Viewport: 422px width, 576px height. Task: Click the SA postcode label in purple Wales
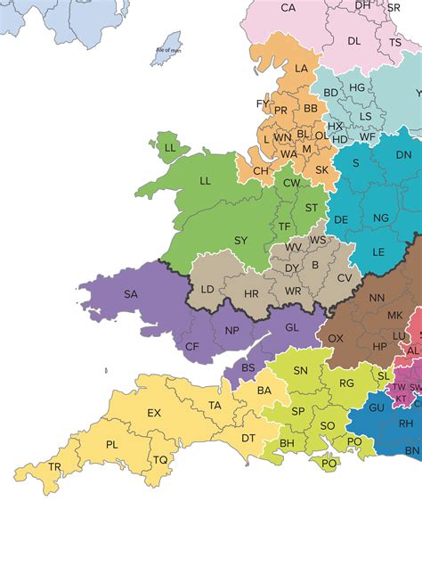[131, 293]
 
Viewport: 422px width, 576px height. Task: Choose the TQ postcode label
[159, 459]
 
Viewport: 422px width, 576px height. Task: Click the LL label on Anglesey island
[170, 147]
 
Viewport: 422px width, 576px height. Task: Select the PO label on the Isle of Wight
[329, 463]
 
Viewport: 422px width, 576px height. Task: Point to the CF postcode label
[191, 346]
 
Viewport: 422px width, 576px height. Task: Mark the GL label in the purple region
[292, 327]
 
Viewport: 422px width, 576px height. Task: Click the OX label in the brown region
[336, 338]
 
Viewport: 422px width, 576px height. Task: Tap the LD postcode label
[207, 289]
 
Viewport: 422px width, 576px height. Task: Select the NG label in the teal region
[381, 218]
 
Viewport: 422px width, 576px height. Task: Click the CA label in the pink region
[288, 8]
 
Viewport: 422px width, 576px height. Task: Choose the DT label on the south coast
[248, 438]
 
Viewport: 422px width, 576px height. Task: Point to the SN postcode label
[301, 370]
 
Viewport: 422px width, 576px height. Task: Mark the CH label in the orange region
[260, 170]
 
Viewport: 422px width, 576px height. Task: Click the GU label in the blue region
[377, 407]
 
